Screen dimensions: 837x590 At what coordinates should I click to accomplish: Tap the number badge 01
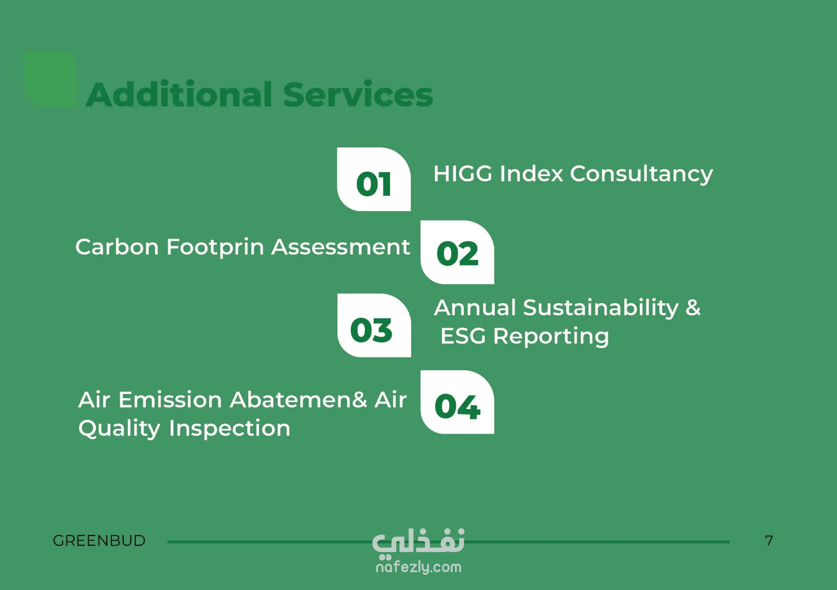click(x=374, y=179)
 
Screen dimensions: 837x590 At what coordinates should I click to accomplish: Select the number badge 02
click(x=457, y=252)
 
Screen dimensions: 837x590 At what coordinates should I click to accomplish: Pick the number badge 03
click(x=374, y=325)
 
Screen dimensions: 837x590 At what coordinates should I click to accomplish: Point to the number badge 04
click(x=457, y=402)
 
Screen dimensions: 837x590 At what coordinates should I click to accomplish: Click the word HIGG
click(x=463, y=174)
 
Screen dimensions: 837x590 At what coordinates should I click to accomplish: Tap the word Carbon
click(x=117, y=247)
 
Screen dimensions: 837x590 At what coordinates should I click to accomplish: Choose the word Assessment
click(x=340, y=247)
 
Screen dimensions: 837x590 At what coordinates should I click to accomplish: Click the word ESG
click(x=463, y=336)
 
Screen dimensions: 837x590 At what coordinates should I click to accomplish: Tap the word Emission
click(x=170, y=400)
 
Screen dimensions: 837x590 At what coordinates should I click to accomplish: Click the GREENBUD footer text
click(x=99, y=541)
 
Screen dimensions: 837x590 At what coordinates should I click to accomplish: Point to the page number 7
click(x=769, y=541)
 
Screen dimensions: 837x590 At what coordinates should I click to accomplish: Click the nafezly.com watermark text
click(x=418, y=567)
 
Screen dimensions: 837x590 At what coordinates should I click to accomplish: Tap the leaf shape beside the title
click(x=51, y=79)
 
